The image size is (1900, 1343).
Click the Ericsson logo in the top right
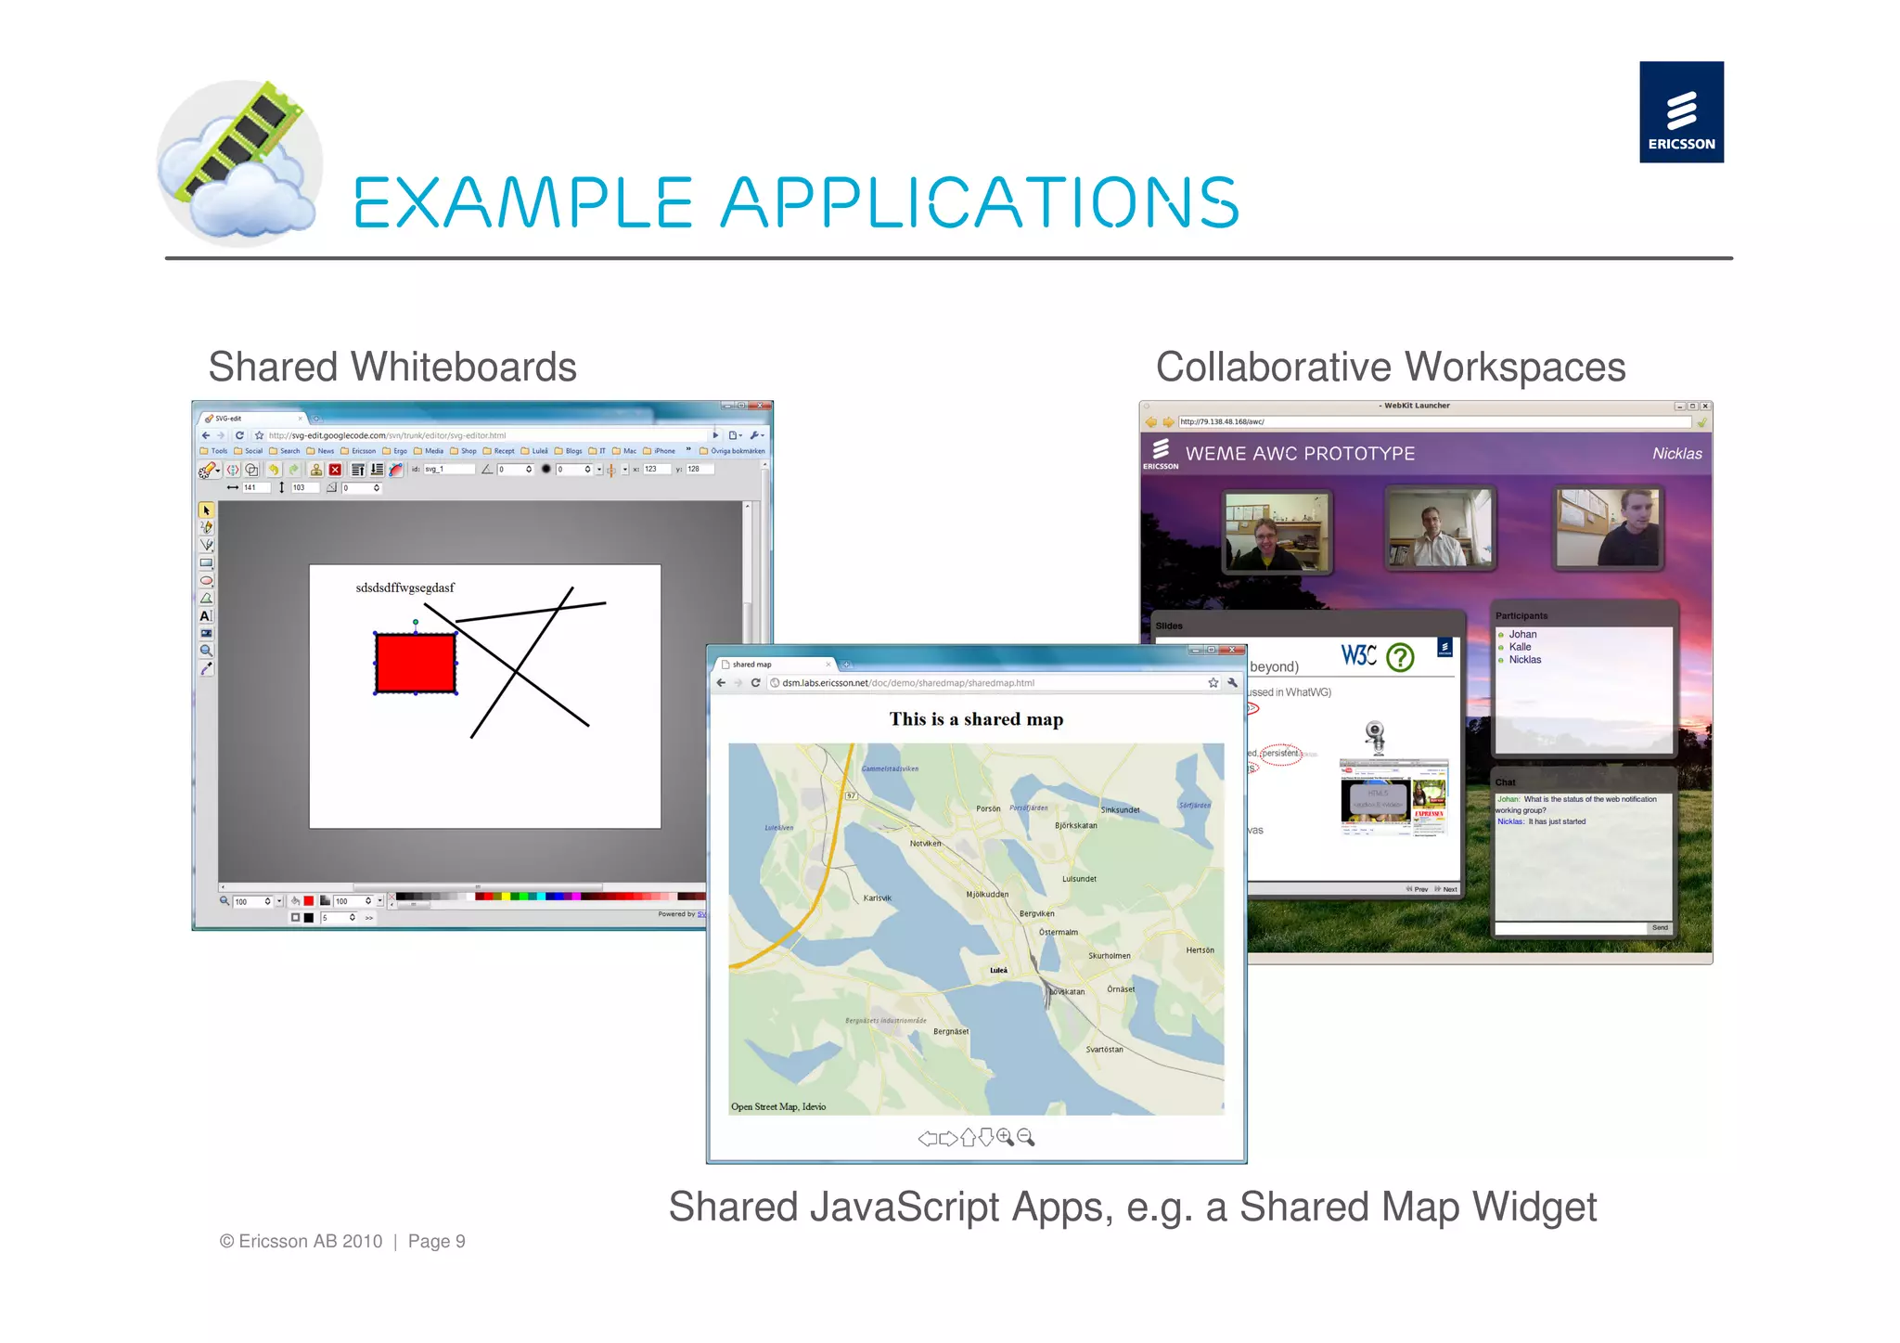click(1680, 112)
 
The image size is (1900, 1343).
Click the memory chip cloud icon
click(238, 163)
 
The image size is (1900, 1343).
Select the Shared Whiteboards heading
click(392, 367)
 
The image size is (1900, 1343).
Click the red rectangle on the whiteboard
click(415, 663)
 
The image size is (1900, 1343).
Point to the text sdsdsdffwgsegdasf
click(404, 588)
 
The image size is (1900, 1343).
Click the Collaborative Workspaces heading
click(1390, 367)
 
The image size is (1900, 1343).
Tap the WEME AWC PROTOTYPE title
click(1299, 454)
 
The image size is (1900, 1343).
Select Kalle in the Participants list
click(1520, 647)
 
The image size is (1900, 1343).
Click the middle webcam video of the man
click(1439, 528)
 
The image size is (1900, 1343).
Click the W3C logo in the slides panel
click(1357, 655)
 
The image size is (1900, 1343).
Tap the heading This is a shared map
click(975, 719)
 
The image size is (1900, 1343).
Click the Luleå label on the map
click(998, 970)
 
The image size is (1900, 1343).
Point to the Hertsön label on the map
click(1199, 950)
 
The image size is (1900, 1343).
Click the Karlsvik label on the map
click(877, 897)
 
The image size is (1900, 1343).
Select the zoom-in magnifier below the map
click(1005, 1138)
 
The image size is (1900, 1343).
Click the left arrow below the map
click(926, 1139)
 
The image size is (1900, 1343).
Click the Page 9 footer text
click(436, 1242)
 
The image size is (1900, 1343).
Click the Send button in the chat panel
click(1659, 927)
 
